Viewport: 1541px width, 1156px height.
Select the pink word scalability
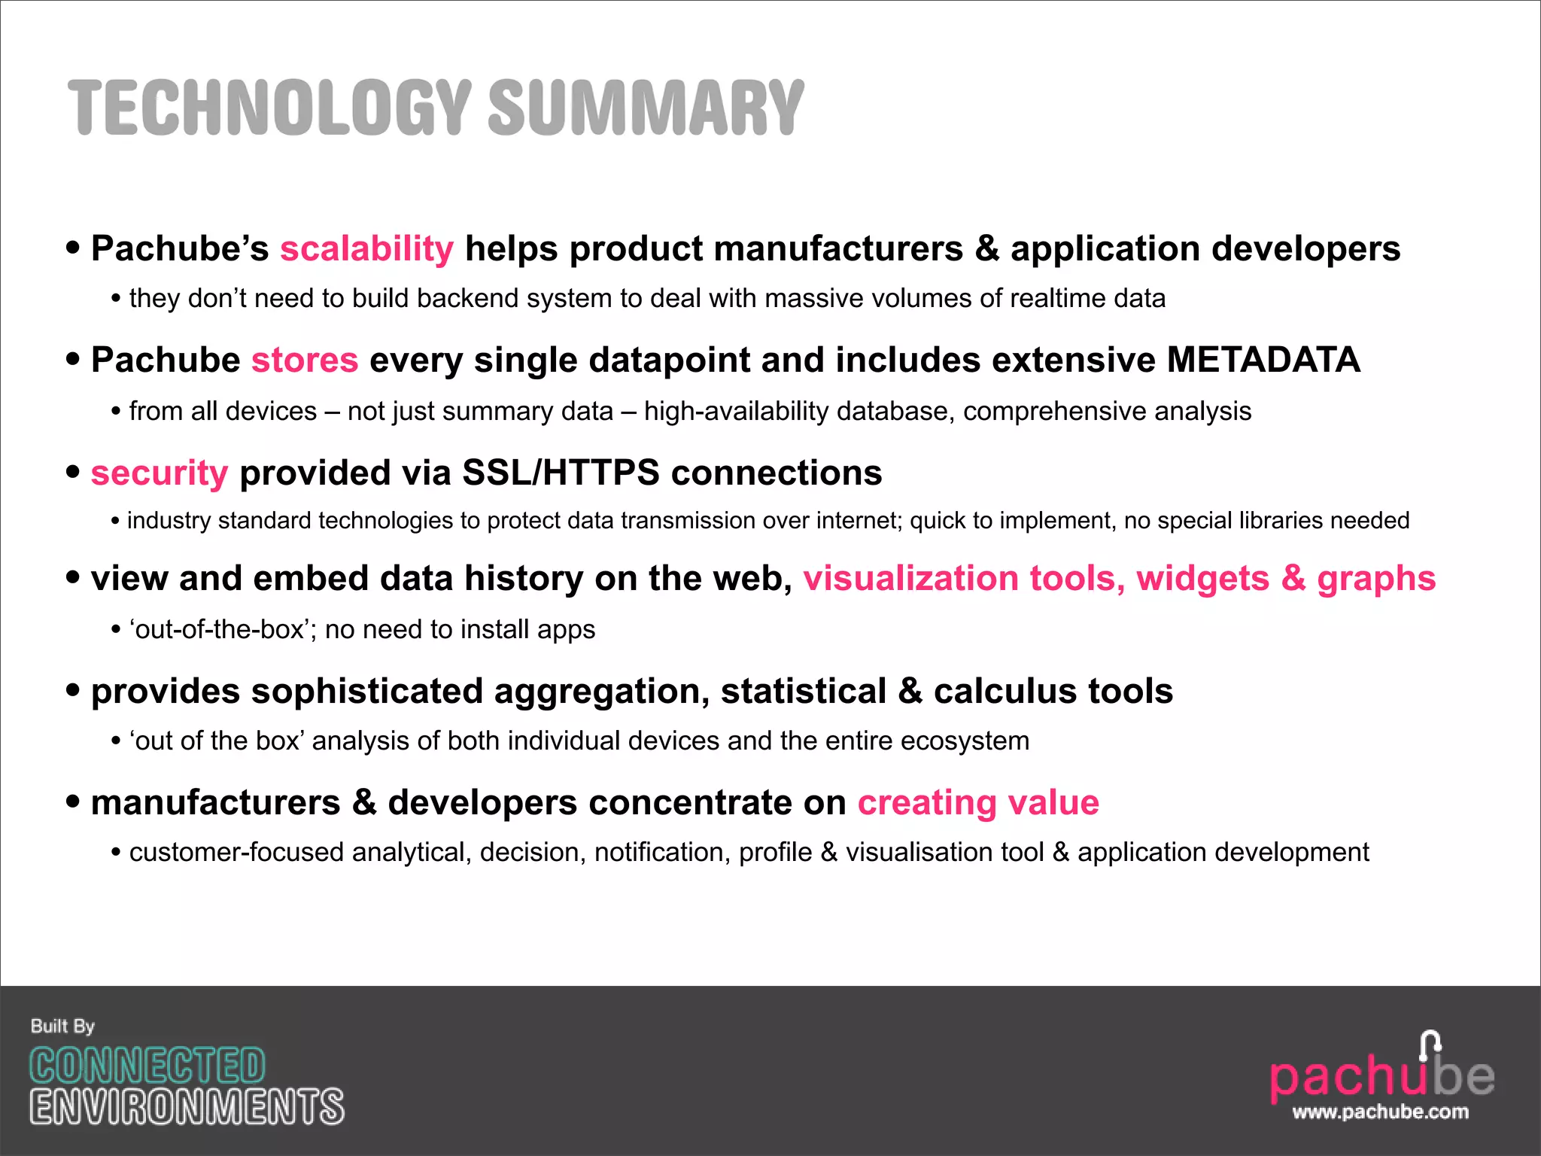tap(366, 249)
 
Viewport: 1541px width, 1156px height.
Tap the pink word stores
tap(305, 360)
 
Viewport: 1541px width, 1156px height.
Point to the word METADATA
tap(1263, 360)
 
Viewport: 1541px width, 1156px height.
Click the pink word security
tap(159, 473)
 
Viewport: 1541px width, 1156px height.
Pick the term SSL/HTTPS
tap(561, 473)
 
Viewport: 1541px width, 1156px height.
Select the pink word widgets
tap(1202, 579)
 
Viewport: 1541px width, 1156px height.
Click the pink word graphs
tap(1376, 580)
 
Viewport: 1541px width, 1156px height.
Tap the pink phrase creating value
tap(978, 803)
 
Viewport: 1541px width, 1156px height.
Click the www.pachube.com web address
tap(1380, 1112)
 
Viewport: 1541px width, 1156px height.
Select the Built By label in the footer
tap(62, 1027)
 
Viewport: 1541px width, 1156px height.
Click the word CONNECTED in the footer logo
tap(147, 1066)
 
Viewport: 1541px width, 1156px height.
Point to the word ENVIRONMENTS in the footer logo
tap(187, 1107)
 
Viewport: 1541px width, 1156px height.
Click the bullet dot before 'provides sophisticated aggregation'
tap(73, 689)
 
